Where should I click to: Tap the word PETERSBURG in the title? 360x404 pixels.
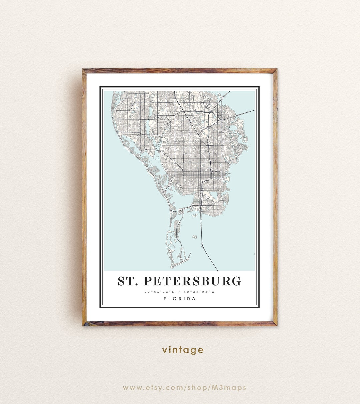tap(192, 281)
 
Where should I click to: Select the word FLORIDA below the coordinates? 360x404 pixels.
tap(180, 299)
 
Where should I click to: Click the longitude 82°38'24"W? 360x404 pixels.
tap(199, 292)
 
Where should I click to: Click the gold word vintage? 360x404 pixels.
tap(183, 350)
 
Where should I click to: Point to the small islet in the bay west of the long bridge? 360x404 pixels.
tap(194, 237)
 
